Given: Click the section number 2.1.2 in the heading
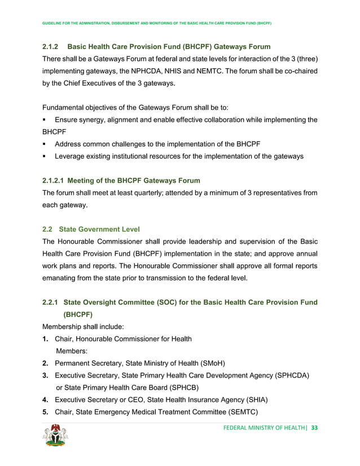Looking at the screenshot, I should tap(51, 46).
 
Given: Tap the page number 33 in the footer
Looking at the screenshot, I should tap(314, 428).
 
